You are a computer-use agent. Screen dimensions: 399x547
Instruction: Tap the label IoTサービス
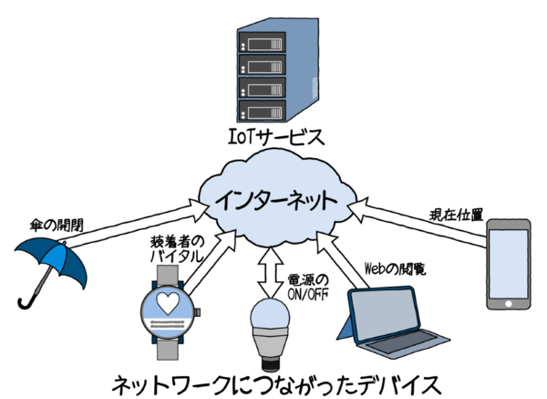coord(274,139)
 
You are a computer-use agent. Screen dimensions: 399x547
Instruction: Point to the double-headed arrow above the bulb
coord(267,267)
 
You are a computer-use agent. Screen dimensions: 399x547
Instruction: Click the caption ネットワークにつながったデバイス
coord(273,380)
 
